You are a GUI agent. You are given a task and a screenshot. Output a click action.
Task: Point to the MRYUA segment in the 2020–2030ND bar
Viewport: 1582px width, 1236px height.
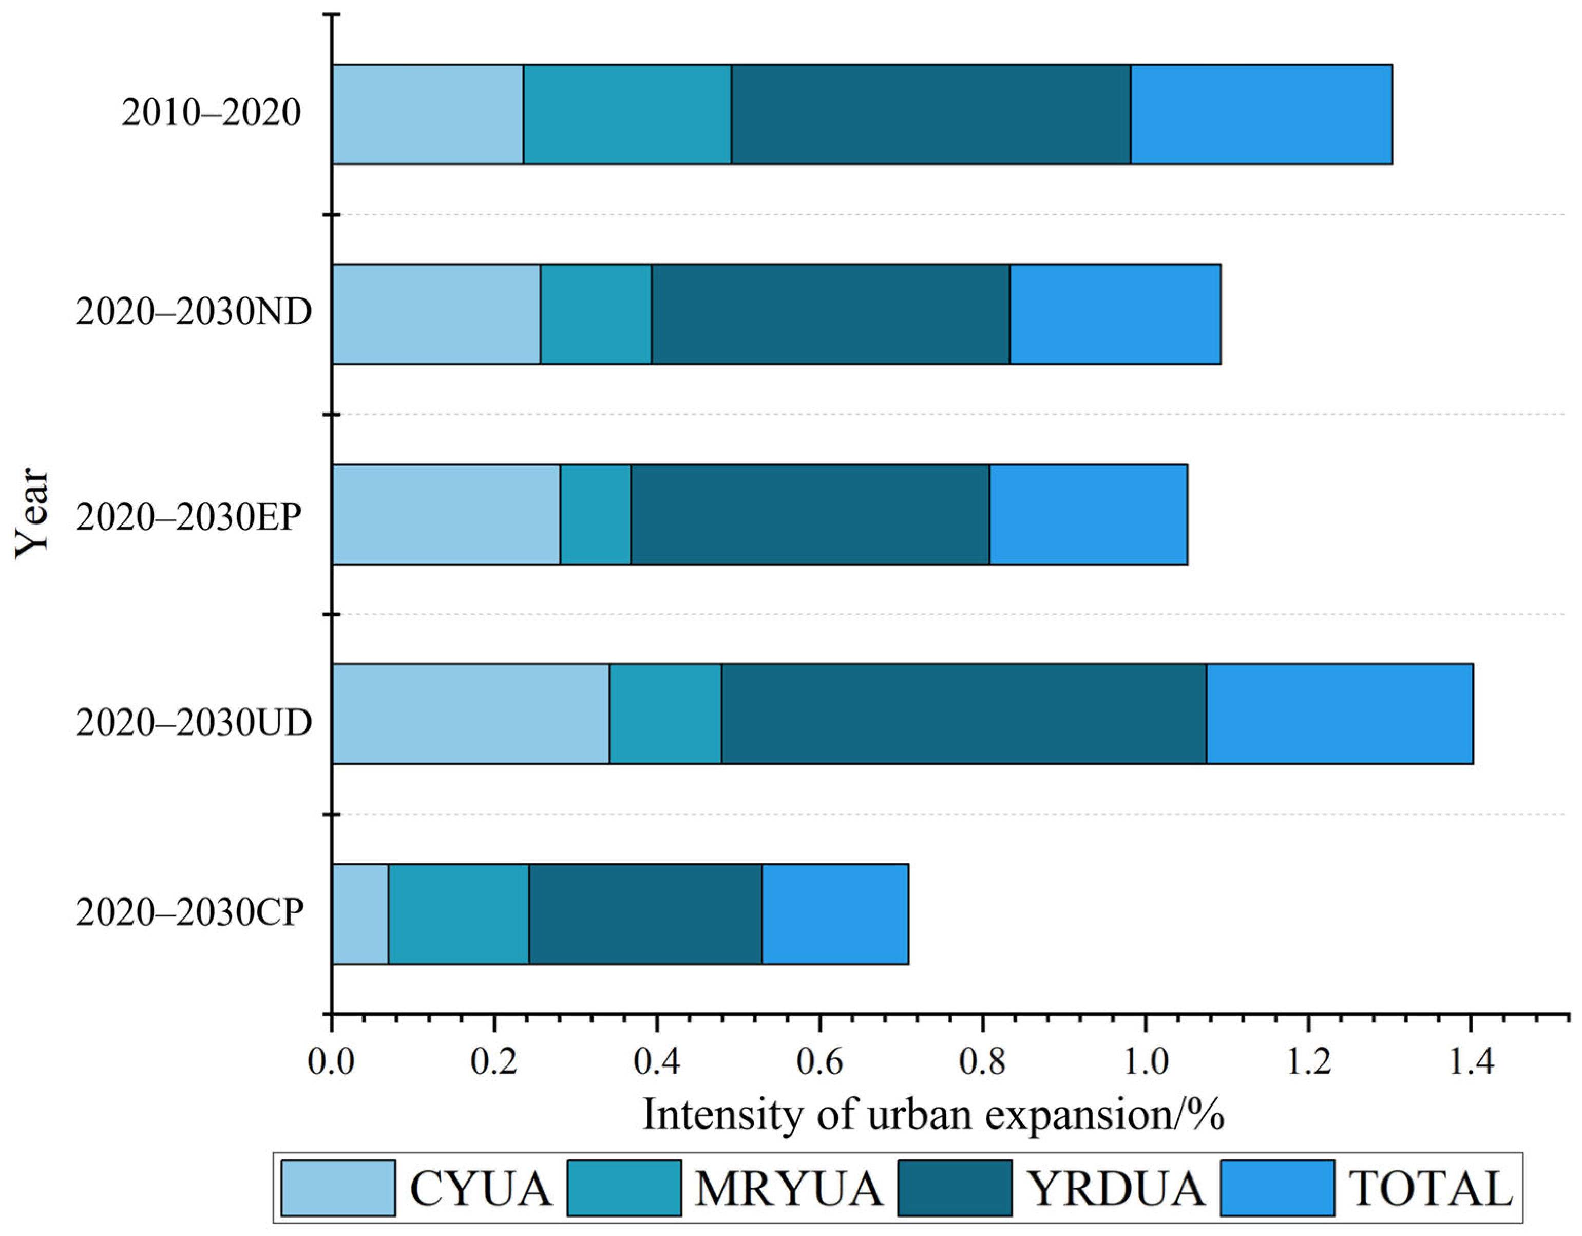coord(596,314)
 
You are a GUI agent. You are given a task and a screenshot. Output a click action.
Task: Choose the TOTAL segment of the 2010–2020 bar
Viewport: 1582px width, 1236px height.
coord(1262,115)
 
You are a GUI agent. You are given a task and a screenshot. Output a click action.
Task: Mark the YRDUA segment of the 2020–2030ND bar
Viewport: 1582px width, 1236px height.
coord(831,314)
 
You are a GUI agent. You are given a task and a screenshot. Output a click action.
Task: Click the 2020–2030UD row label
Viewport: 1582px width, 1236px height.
coord(194,722)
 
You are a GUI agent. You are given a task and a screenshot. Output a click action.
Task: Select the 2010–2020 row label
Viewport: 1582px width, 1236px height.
coord(211,113)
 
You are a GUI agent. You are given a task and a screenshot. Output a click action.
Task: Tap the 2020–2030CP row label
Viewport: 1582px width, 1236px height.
coord(190,912)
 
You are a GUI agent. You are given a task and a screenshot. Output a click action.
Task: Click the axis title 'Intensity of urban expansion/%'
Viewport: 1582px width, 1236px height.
coord(933,1115)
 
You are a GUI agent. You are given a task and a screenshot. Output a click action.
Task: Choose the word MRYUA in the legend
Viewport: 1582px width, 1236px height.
coord(789,1189)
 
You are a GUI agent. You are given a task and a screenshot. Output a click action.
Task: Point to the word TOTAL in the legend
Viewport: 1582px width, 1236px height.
coord(1431,1189)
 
